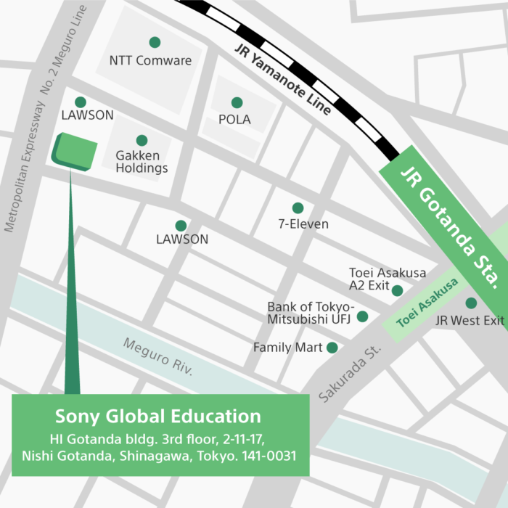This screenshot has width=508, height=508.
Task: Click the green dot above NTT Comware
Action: coord(154,42)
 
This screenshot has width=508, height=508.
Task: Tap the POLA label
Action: coord(234,120)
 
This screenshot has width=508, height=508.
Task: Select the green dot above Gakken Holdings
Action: coord(142,140)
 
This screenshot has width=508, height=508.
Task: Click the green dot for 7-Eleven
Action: coord(298,208)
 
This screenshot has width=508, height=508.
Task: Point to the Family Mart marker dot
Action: coord(332,348)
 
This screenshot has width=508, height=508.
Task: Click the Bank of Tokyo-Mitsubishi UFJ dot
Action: coord(362,316)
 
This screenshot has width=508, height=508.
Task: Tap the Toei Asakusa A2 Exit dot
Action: coord(397,290)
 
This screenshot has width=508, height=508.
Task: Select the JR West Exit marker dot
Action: coord(471,303)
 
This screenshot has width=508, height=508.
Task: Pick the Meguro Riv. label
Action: coord(157,356)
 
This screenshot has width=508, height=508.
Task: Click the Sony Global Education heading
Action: coord(158,417)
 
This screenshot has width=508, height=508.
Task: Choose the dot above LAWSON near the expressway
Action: coord(80,102)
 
